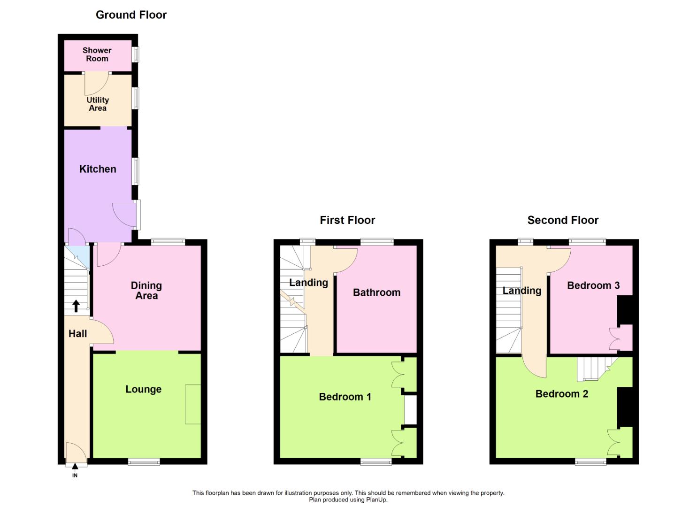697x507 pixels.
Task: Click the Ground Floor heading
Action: click(x=131, y=15)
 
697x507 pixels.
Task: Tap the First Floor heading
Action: click(x=347, y=220)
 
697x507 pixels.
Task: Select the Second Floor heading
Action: click(x=563, y=220)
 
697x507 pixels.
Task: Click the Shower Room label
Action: click(x=97, y=54)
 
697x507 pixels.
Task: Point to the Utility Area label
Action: click(x=98, y=104)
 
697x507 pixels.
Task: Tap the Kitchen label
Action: click(x=98, y=169)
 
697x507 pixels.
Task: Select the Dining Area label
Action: click(x=146, y=291)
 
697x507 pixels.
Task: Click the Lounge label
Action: click(x=144, y=389)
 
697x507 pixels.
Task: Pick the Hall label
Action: click(x=78, y=334)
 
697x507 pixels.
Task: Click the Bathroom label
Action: click(x=376, y=292)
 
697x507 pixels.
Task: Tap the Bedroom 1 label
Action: click(x=345, y=397)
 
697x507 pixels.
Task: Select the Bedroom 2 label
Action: click(x=562, y=394)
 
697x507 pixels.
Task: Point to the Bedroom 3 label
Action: click(x=593, y=285)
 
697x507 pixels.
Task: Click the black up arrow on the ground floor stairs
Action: click(x=76, y=306)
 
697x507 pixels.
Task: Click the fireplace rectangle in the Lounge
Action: click(x=193, y=404)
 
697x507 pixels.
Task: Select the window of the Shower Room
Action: click(x=136, y=54)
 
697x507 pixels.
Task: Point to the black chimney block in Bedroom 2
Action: click(x=625, y=407)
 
